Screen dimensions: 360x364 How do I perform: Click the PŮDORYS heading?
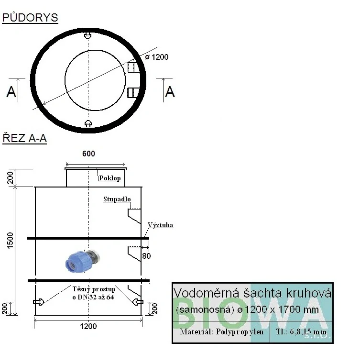(30, 17)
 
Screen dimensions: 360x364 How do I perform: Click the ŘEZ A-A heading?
(24, 138)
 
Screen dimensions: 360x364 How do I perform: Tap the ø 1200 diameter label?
(156, 57)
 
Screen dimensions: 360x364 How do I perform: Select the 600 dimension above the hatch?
(88, 154)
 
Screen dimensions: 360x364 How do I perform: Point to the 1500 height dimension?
(11, 241)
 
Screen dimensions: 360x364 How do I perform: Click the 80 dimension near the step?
(146, 256)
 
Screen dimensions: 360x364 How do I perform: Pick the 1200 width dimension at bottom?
(88, 326)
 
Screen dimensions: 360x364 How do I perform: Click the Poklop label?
(110, 178)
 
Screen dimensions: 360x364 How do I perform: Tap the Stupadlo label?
(117, 199)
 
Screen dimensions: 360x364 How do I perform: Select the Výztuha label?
(161, 225)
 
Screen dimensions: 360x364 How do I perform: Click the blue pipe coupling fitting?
(83, 261)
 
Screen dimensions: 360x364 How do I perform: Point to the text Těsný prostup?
(94, 289)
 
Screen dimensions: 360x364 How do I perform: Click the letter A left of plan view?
(11, 92)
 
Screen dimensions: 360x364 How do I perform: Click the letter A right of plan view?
(170, 92)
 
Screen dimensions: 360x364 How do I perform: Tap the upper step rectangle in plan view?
(134, 67)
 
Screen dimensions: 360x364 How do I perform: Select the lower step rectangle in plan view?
(134, 93)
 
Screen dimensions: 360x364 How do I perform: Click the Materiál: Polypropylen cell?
(221, 332)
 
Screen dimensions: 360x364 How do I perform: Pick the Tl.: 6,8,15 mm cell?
(301, 332)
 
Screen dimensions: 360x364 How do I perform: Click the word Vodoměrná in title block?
(207, 293)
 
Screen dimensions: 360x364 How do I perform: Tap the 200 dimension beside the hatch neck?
(11, 177)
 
